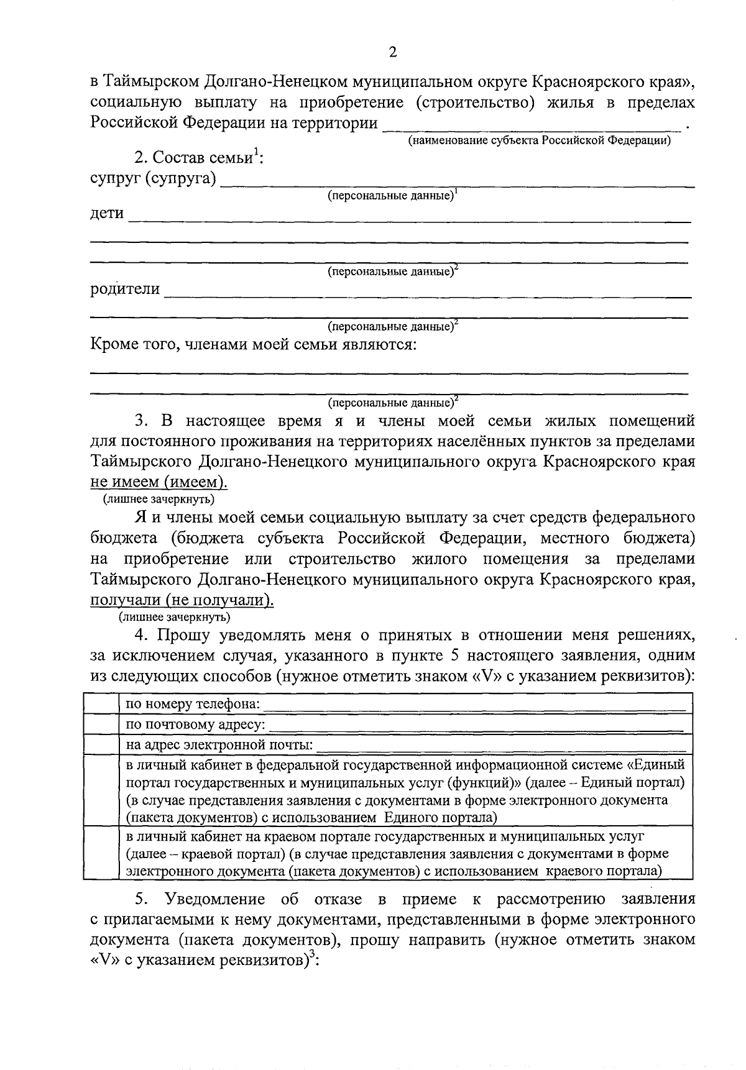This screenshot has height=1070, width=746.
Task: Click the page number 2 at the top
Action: pyautogui.click(x=392, y=52)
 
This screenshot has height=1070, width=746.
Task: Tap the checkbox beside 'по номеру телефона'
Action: pyautogui.click(x=101, y=705)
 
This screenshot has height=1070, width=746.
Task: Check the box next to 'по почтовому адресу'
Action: pyautogui.click(x=101, y=725)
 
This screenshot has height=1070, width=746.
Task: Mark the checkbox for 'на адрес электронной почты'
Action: pyautogui.click(x=101, y=744)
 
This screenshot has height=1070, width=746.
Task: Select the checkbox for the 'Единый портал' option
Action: pyautogui.click(x=101, y=790)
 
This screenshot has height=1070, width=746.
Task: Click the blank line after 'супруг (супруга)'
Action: pyautogui.click(x=457, y=181)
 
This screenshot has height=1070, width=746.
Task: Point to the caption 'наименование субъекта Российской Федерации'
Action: pyautogui.click(x=538, y=141)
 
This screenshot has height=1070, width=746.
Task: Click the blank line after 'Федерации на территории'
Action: pyautogui.click(x=532, y=124)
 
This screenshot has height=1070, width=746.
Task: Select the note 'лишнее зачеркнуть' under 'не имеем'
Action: pyautogui.click(x=159, y=499)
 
